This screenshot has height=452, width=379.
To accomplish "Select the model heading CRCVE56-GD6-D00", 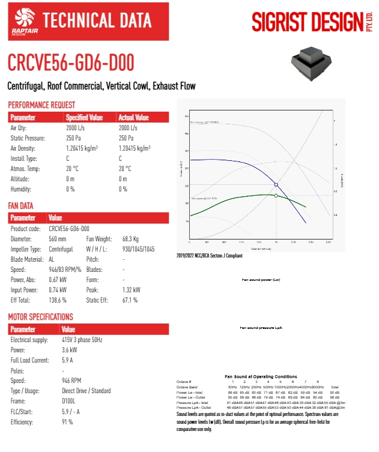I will click(70, 62).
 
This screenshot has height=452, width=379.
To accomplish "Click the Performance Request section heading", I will click(41, 105).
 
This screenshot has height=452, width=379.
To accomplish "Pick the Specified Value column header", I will click(84, 118).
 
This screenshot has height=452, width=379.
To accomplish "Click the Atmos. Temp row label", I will click(26, 169).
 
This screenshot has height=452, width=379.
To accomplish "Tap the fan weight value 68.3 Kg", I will click(131, 239).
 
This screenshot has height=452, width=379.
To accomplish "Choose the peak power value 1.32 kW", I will click(131, 289).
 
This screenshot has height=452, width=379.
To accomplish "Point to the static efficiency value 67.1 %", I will click(131, 300).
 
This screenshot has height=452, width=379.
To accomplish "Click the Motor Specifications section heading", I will click(40, 317).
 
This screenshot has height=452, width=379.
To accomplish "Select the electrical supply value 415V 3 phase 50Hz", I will click(82, 340).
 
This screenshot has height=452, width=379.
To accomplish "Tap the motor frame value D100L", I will click(70, 401).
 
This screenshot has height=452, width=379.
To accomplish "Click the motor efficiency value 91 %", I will click(67, 422).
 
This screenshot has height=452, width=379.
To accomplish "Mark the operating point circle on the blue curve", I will click(276, 184).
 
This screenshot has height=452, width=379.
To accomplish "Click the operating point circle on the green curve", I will click(276, 196).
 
